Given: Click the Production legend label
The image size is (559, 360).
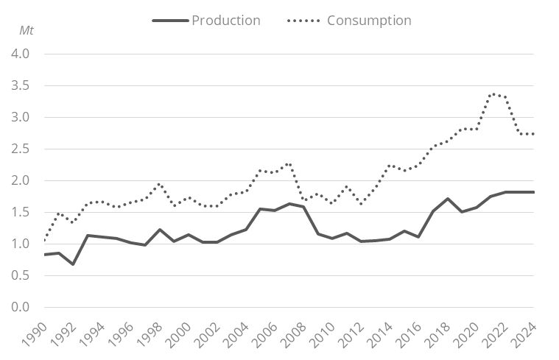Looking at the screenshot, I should pyautogui.click(x=225, y=21).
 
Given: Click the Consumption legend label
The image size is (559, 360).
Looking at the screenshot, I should pyautogui.click(x=369, y=21).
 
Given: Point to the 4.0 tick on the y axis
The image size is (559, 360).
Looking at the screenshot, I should pyautogui.click(x=21, y=54).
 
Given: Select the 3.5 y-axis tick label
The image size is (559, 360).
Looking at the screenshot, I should pyautogui.click(x=21, y=86).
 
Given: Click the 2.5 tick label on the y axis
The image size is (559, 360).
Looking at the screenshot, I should pyautogui.click(x=21, y=149).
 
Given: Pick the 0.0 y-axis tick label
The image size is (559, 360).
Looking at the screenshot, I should pyautogui.click(x=21, y=307).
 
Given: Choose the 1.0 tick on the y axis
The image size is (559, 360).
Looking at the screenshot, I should pyautogui.click(x=21, y=244).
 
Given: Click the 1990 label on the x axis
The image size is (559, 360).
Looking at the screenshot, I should pyautogui.click(x=38, y=333).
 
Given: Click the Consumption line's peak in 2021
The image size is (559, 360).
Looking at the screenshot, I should pyautogui.click(x=492, y=94).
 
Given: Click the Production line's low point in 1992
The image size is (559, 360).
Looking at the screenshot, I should pyautogui.click(x=74, y=264).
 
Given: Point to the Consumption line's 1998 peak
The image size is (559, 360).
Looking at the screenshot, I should pyautogui.click(x=160, y=184).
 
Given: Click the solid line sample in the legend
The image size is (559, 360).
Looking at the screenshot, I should pyautogui.click(x=170, y=21).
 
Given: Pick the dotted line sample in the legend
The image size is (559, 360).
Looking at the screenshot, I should pyautogui.click(x=303, y=21).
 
